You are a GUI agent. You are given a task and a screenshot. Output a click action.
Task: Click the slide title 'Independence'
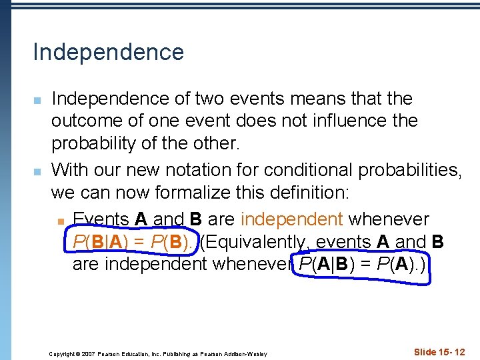click(x=108, y=52)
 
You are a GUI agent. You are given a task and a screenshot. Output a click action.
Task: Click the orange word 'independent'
click(x=291, y=219)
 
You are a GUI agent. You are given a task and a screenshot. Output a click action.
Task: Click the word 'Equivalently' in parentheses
click(x=256, y=241)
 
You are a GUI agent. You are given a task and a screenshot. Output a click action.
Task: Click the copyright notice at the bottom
click(x=158, y=353)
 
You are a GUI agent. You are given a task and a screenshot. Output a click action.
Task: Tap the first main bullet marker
click(x=38, y=101)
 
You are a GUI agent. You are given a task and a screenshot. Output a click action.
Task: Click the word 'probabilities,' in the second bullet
click(x=410, y=170)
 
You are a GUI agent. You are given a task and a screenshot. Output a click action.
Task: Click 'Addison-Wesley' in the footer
click(x=244, y=353)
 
